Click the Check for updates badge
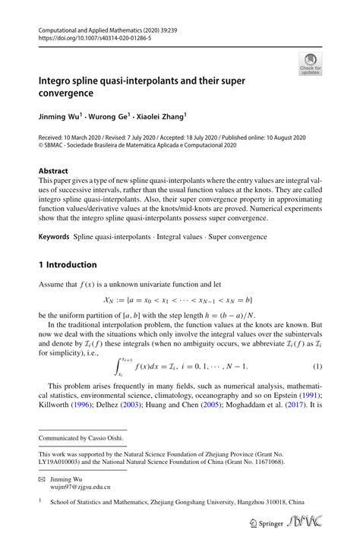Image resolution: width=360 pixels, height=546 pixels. click(x=310, y=65)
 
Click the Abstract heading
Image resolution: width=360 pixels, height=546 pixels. click(x=53, y=172)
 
